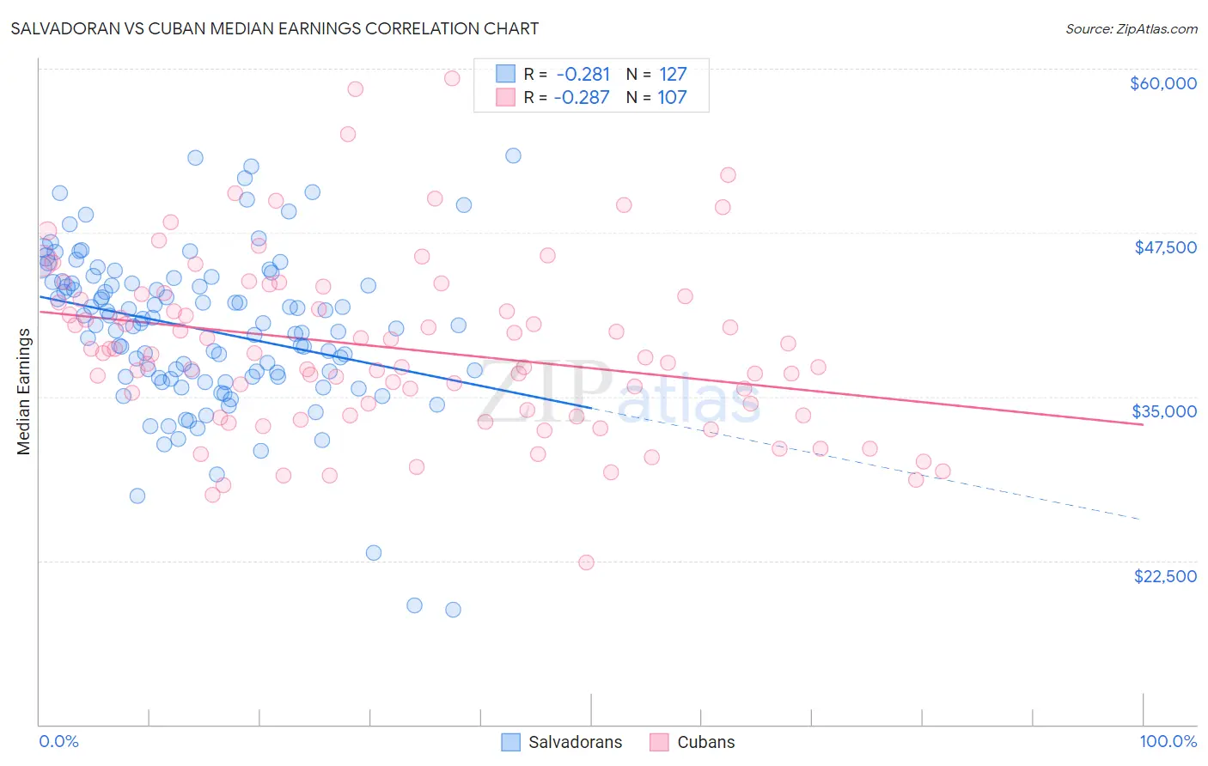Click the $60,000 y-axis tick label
(1162, 83)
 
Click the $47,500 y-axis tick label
(1165, 247)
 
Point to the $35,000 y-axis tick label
(1164, 411)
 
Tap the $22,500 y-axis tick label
(1165, 576)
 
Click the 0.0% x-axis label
(58, 741)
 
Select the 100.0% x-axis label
(1168, 741)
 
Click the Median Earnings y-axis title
(23, 392)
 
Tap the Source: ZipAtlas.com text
(1131, 29)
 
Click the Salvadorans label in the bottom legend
(575, 742)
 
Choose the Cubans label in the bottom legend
(705, 742)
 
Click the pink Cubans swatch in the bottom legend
(659, 742)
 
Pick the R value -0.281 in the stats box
(583, 75)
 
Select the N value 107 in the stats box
(672, 98)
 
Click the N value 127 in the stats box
(673, 75)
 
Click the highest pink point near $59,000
(452, 78)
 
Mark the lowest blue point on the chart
(453, 610)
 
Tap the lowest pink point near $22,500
(586, 562)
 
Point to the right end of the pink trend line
(1143, 425)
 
